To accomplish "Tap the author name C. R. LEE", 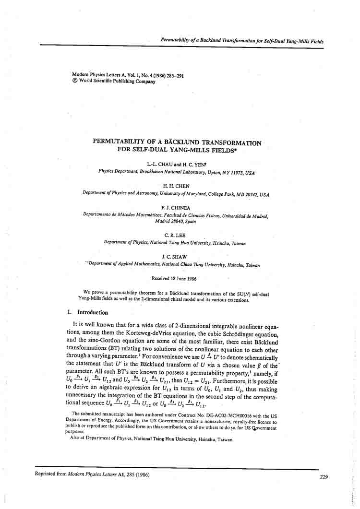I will pos(175,236).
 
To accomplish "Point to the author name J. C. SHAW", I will pos(175,257).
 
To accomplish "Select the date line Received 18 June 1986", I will pos(174,278).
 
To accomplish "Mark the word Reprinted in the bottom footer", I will pos(47,474).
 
